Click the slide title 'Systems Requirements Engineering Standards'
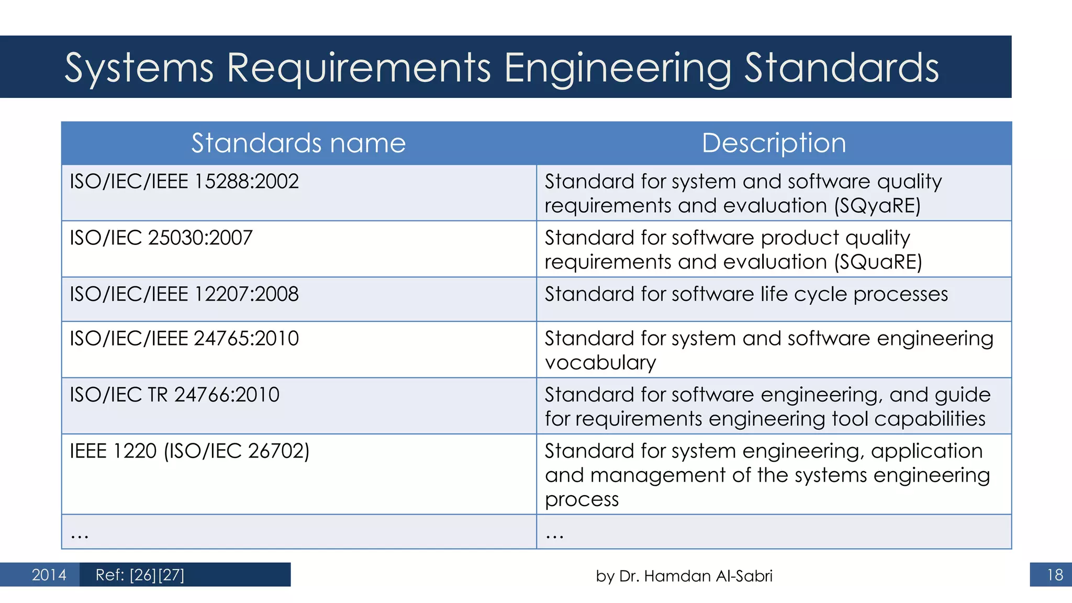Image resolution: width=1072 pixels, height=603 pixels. pyautogui.click(x=501, y=68)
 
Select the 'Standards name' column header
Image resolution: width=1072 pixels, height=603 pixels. pyautogui.click(x=298, y=143)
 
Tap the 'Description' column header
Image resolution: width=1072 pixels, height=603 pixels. pyautogui.click(x=774, y=143)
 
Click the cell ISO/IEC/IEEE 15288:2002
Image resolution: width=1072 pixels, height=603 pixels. pyautogui.click(x=184, y=182)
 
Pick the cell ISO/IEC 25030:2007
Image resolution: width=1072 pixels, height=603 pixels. pyautogui.click(x=161, y=238)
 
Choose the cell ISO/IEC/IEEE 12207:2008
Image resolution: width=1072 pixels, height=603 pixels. pyautogui.click(x=184, y=294)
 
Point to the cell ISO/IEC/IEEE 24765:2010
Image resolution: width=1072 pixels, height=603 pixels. pyautogui.click(x=184, y=339)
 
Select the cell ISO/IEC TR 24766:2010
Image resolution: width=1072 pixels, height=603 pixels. pyautogui.click(x=175, y=395)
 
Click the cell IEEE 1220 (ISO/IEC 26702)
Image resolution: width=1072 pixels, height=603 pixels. pyautogui.click(x=189, y=451)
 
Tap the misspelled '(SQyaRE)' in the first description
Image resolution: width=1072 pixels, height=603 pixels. pyautogui.click(x=877, y=206)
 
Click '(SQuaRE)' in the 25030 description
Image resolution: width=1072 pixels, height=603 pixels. pyautogui.click(x=878, y=262)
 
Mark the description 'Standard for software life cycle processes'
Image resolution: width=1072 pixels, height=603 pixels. pyautogui.click(x=746, y=294)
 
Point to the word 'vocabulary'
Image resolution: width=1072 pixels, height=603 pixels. pyautogui.click(x=600, y=363)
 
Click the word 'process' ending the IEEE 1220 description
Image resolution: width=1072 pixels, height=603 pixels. pyautogui.click(x=582, y=499)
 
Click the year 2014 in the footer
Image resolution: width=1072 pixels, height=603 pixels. pyautogui.click(x=49, y=575)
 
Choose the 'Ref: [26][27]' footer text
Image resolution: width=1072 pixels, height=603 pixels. pyautogui.click(x=140, y=575)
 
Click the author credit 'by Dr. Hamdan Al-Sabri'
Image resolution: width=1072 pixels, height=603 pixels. pyautogui.click(x=684, y=576)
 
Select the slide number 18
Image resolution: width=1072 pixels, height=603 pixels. pyautogui.click(x=1055, y=575)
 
